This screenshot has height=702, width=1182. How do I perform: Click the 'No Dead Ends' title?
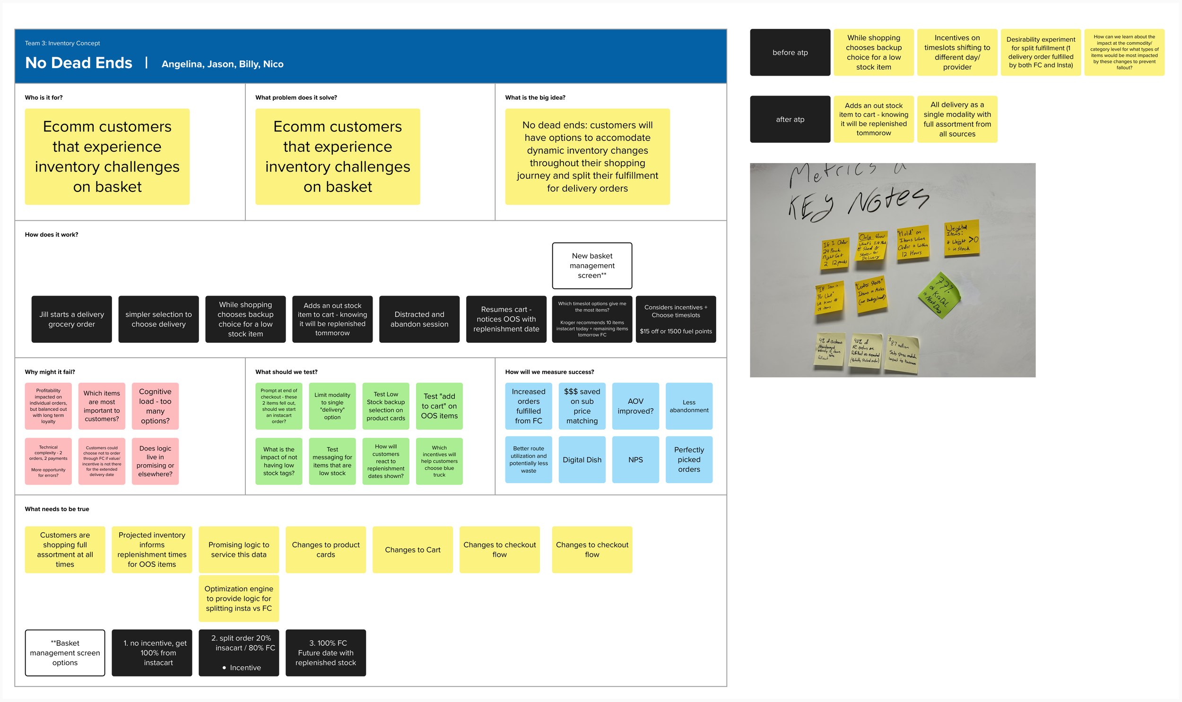pos(78,63)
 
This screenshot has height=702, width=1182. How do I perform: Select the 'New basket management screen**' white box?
pos(592,265)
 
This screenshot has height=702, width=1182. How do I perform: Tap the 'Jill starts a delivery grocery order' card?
pos(71,319)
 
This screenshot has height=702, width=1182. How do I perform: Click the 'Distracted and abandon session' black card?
pos(419,319)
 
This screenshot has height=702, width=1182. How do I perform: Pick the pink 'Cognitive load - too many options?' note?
pos(155,406)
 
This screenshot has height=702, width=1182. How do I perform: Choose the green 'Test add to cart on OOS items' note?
pos(439,406)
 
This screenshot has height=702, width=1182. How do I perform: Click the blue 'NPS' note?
pos(635,460)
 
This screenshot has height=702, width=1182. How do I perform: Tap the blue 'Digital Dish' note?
pos(582,460)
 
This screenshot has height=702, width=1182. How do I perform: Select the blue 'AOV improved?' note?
pos(635,406)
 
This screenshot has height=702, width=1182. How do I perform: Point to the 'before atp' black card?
pos(790,52)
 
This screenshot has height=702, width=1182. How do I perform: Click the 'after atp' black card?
pos(790,119)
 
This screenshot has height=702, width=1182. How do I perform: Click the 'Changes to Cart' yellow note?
pos(412,550)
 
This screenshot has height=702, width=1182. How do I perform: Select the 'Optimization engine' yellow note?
pos(239,598)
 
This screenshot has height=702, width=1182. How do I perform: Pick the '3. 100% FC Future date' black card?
pos(325,653)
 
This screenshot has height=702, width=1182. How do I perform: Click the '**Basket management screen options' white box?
pos(65,653)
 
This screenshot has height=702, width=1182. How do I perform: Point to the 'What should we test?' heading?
pos(286,372)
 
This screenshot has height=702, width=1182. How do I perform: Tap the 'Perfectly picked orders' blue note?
pos(689,460)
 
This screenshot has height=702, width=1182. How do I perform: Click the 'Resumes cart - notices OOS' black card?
pos(506,319)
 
